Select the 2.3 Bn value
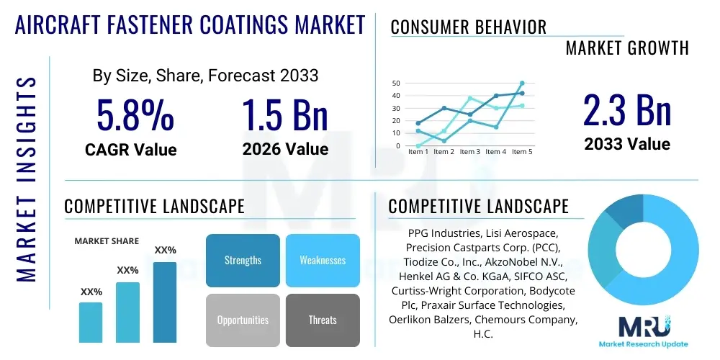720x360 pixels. pos(627,110)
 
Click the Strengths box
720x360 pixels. pos(243,260)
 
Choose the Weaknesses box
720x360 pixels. pos(323,260)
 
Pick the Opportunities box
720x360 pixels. pos(243,320)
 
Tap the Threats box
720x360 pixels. pos(323,320)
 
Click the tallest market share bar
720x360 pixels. pos(165,302)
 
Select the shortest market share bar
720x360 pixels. pos(91,322)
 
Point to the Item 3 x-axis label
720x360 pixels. pos(470,152)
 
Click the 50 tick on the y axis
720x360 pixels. pos(396,84)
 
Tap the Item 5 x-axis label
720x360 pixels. pos(521,152)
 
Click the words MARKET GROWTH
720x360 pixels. pos(627,48)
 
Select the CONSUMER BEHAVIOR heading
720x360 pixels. pos(469,27)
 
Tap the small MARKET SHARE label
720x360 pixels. pos(107,241)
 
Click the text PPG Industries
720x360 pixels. pos(442,233)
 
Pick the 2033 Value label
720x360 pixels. pos(627,144)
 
